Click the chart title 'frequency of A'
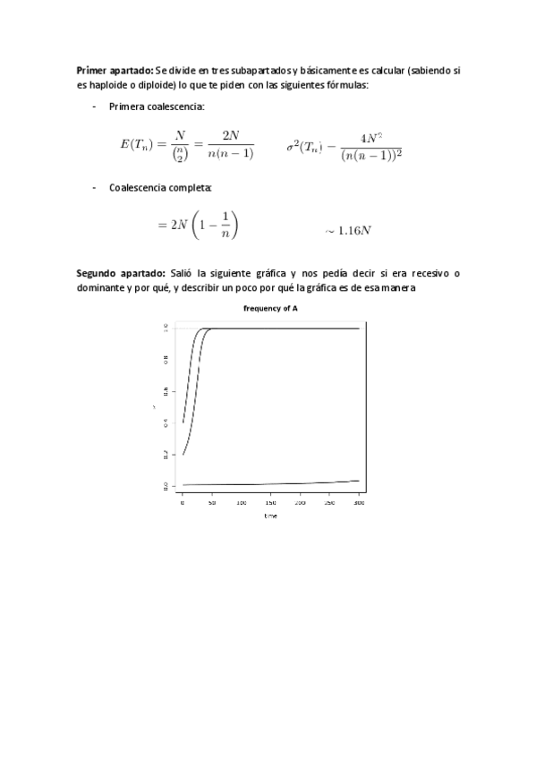270,308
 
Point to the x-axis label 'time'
270,516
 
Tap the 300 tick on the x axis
359,504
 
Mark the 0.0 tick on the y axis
166,486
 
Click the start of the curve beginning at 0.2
183,455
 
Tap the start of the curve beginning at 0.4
183,422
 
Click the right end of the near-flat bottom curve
359,481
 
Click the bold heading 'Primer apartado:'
115,69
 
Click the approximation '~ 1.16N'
348,230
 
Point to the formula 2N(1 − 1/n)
198,225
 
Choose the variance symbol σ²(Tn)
304,146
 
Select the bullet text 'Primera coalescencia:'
157,107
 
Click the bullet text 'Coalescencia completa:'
160,188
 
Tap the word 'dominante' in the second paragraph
102,287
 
